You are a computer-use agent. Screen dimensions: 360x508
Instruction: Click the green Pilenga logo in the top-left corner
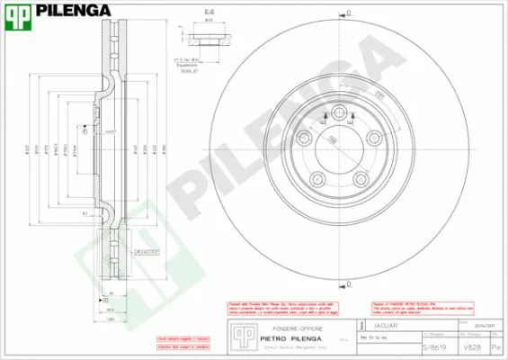19,12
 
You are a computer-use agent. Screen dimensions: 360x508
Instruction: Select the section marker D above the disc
348,11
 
